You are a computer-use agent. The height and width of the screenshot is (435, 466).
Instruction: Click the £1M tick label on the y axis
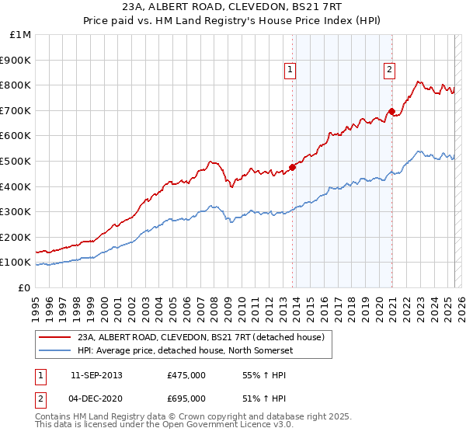point(20,35)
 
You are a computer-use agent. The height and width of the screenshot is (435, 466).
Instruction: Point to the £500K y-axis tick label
point(16,161)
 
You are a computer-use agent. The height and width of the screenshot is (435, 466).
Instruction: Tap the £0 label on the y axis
point(25,287)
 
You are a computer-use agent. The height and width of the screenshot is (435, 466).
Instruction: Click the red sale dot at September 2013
point(292,167)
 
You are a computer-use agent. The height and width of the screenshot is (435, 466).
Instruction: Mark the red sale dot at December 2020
point(392,111)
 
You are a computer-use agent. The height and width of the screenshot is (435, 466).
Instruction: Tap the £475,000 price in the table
point(186,375)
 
